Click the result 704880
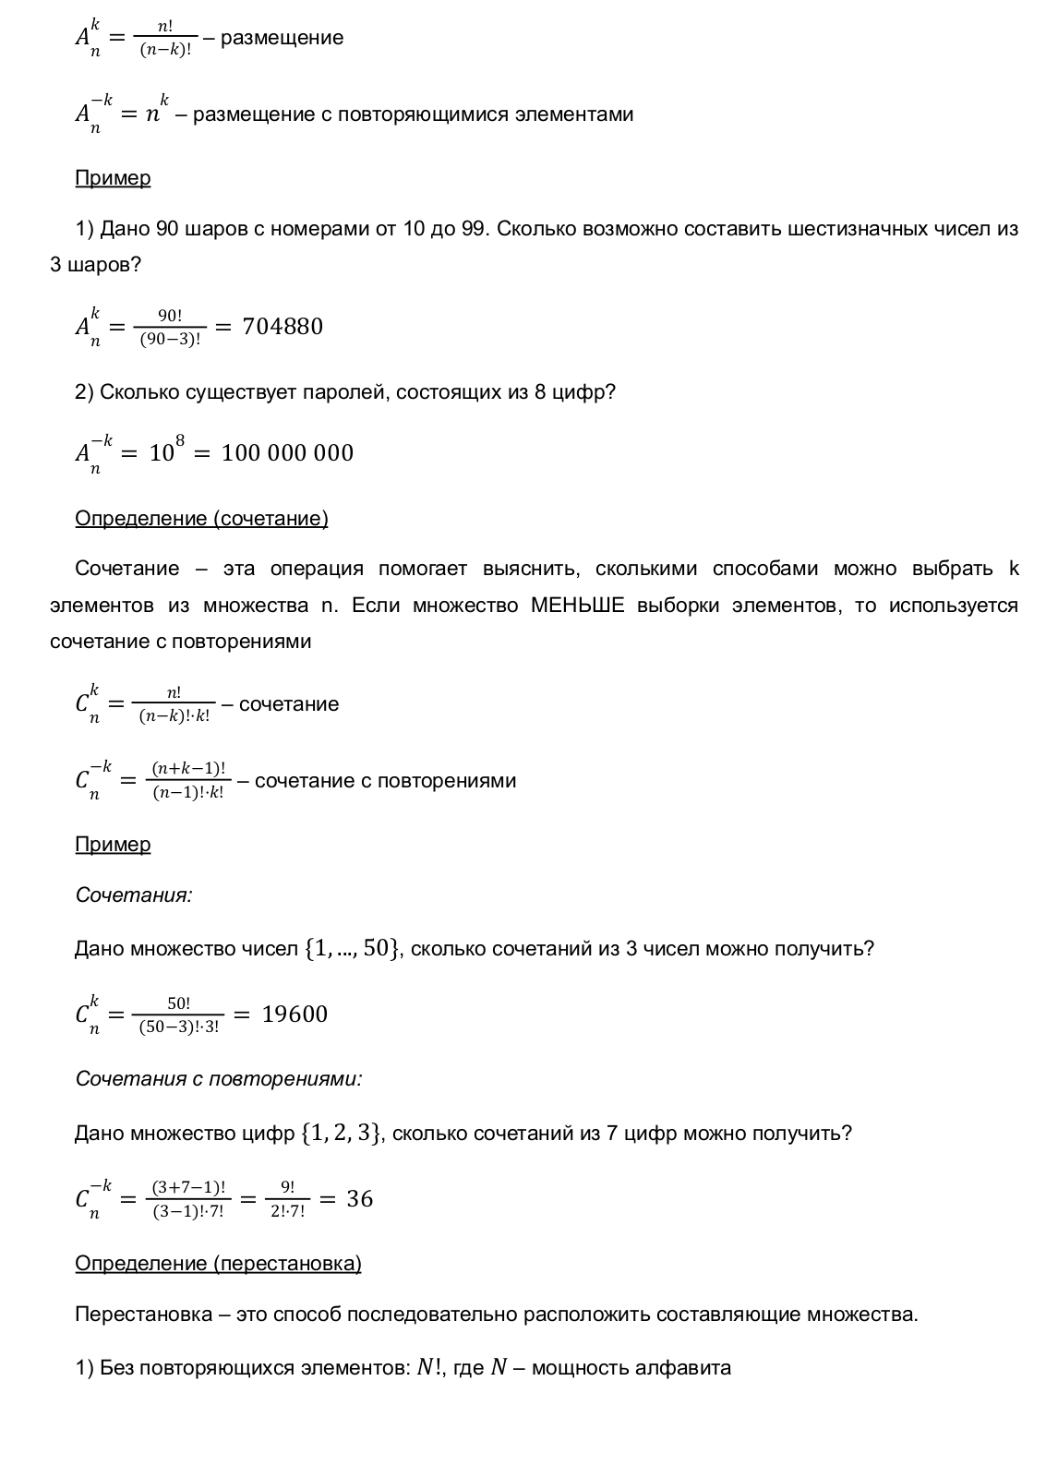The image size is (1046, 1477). pyautogui.click(x=283, y=327)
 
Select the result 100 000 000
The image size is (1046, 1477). pyautogui.click(x=287, y=453)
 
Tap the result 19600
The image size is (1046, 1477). pyautogui.click(x=295, y=1015)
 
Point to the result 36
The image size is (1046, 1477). pyautogui.click(x=359, y=1199)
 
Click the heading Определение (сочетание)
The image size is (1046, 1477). pyautogui.click(x=201, y=519)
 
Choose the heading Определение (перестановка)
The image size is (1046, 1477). pyautogui.click(x=218, y=1264)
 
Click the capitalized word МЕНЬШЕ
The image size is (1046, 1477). pyautogui.click(x=578, y=606)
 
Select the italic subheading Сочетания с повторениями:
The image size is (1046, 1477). pyautogui.click(x=219, y=1079)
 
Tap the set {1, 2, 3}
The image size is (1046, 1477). pyautogui.click(x=341, y=1134)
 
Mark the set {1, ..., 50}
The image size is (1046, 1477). pyautogui.click(x=353, y=949)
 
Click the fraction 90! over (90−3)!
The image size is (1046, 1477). pyautogui.click(x=170, y=328)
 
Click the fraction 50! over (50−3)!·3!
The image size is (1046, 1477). pyautogui.click(x=178, y=1015)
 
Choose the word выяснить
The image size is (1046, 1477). pyautogui.click(x=531, y=569)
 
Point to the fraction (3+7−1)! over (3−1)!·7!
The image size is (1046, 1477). pyautogui.click(x=187, y=1200)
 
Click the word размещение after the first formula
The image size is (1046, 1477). pyautogui.click(x=282, y=39)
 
